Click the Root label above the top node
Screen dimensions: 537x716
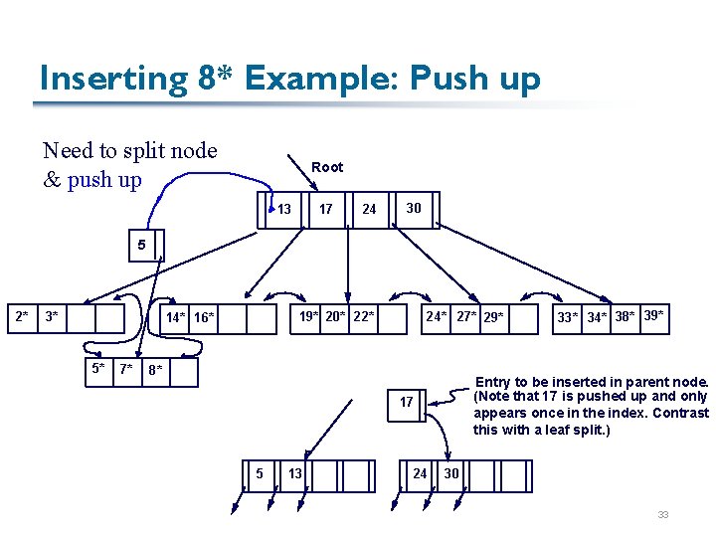pyautogui.click(x=327, y=167)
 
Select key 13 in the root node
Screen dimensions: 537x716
pyautogui.click(x=284, y=209)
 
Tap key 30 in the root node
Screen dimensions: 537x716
pyautogui.click(x=414, y=208)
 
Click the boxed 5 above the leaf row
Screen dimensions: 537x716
pyautogui.click(x=142, y=245)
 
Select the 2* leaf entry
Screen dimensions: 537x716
pyautogui.click(x=21, y=317)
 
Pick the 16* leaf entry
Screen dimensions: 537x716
pyautogui.click(x=204, y=318)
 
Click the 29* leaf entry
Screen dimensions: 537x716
pyautogui.click(x=493, y=318)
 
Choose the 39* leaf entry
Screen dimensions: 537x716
pyautogui.click(x=653, y=316)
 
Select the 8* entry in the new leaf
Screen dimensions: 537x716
pyautogui.click(x=154, y=371)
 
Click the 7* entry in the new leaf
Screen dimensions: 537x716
pyautogui.click(x=126, y=370)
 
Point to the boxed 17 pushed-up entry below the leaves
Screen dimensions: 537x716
pyautogui.click(x=407, y=402)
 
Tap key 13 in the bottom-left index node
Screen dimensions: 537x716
pyautogui.click(x=295, y=473)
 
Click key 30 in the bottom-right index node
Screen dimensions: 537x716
pyautogui.click(x=451, y=473)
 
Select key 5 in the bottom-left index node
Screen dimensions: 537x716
pyautogui.click(x=260, y=473)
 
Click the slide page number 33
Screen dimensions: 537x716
pyautogui.click(x=662, y=514)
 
